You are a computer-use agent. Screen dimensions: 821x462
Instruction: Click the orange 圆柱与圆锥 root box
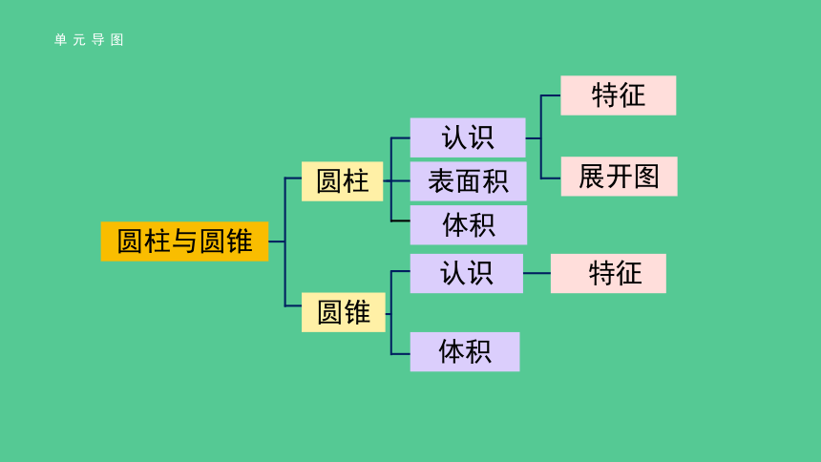185,241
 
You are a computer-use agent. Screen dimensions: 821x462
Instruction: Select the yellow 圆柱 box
343,181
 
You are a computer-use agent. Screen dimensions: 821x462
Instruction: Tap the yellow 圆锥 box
344,313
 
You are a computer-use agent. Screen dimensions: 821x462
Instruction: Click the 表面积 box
468,181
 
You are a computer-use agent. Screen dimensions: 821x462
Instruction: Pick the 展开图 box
619,177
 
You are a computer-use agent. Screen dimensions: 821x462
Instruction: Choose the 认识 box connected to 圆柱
468,137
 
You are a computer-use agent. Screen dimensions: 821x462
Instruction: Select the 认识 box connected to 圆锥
467,273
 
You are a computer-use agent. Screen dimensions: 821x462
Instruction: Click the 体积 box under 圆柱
469,224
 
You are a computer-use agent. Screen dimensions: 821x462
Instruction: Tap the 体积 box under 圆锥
465,351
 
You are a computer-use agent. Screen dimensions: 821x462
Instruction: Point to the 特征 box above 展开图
619,95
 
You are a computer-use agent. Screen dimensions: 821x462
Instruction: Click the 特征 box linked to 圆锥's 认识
608,273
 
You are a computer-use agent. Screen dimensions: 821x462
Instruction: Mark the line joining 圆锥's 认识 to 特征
537,273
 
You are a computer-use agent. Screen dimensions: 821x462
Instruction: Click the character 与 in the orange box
185,241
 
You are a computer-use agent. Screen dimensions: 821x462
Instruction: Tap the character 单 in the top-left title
60,40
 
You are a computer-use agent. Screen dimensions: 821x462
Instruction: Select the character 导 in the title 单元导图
98,40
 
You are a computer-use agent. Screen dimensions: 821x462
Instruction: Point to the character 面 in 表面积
468,181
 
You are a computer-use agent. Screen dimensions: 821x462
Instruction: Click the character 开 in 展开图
619,177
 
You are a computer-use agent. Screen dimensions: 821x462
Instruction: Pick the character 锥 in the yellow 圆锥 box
358,313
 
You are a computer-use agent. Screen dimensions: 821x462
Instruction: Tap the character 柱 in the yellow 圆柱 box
357,181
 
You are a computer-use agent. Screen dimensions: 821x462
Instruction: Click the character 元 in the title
79,40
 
